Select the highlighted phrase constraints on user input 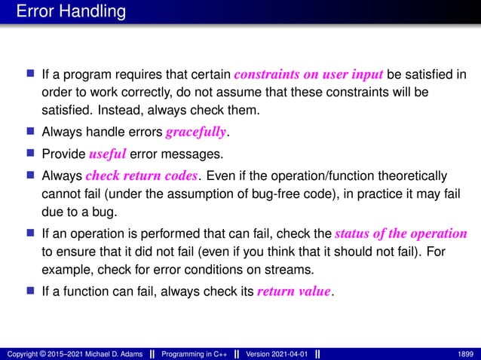(309, 75)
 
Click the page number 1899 (466, 353)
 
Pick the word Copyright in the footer (22, 353)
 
